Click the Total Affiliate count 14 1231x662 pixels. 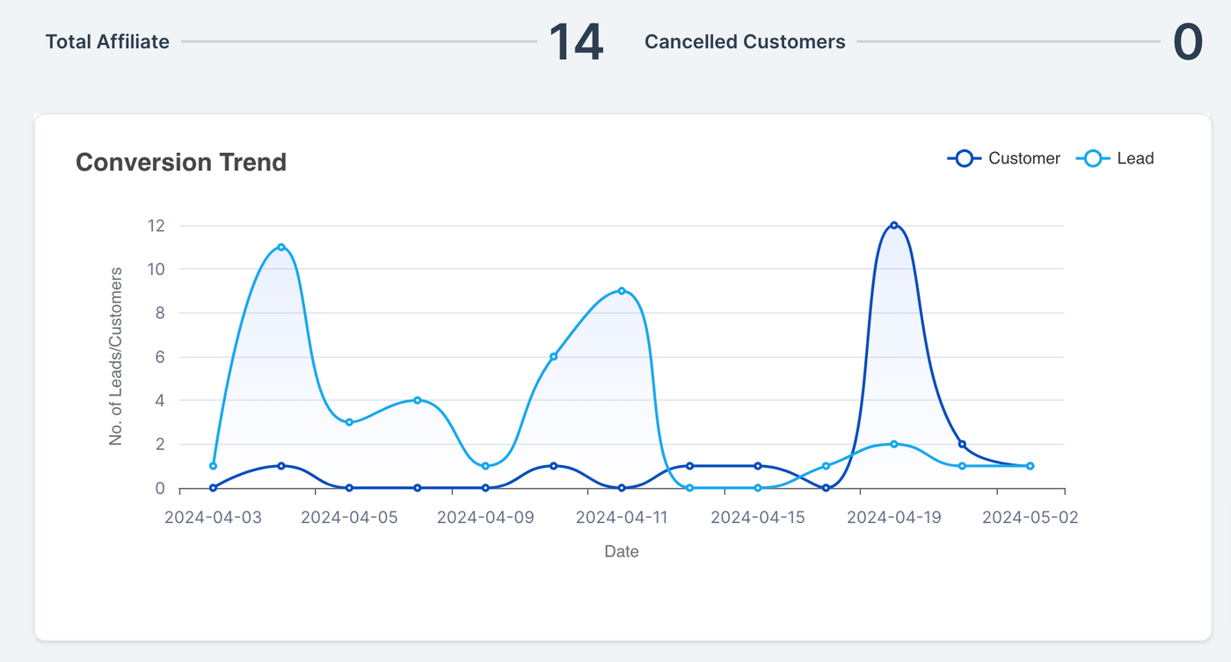tap(576, 42)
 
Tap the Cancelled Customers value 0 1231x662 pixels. tap(1188, 42)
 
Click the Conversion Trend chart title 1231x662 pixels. tap(181, 163)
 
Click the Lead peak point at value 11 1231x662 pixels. tap(281, 247)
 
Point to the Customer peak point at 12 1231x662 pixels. tap(894, 225)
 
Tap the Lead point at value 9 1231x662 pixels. tap(622, 291)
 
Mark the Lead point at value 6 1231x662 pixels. tap(553, 356)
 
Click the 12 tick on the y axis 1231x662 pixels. tap(156, 226)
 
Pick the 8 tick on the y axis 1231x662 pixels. tap(159, 313)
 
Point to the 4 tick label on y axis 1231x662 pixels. tap(159, 401)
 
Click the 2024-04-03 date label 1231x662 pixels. tap(213, 518)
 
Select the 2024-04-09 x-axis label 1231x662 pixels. tap(485, 518)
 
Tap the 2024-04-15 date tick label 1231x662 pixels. tap(758, 518)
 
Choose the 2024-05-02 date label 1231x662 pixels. tap(1030, 518)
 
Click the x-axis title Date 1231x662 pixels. tap(622, 552)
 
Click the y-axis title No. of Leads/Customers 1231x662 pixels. tap(116, 356)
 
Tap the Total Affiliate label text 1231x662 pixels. tap(107, 42)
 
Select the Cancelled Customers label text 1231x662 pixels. tap(745, 42)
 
